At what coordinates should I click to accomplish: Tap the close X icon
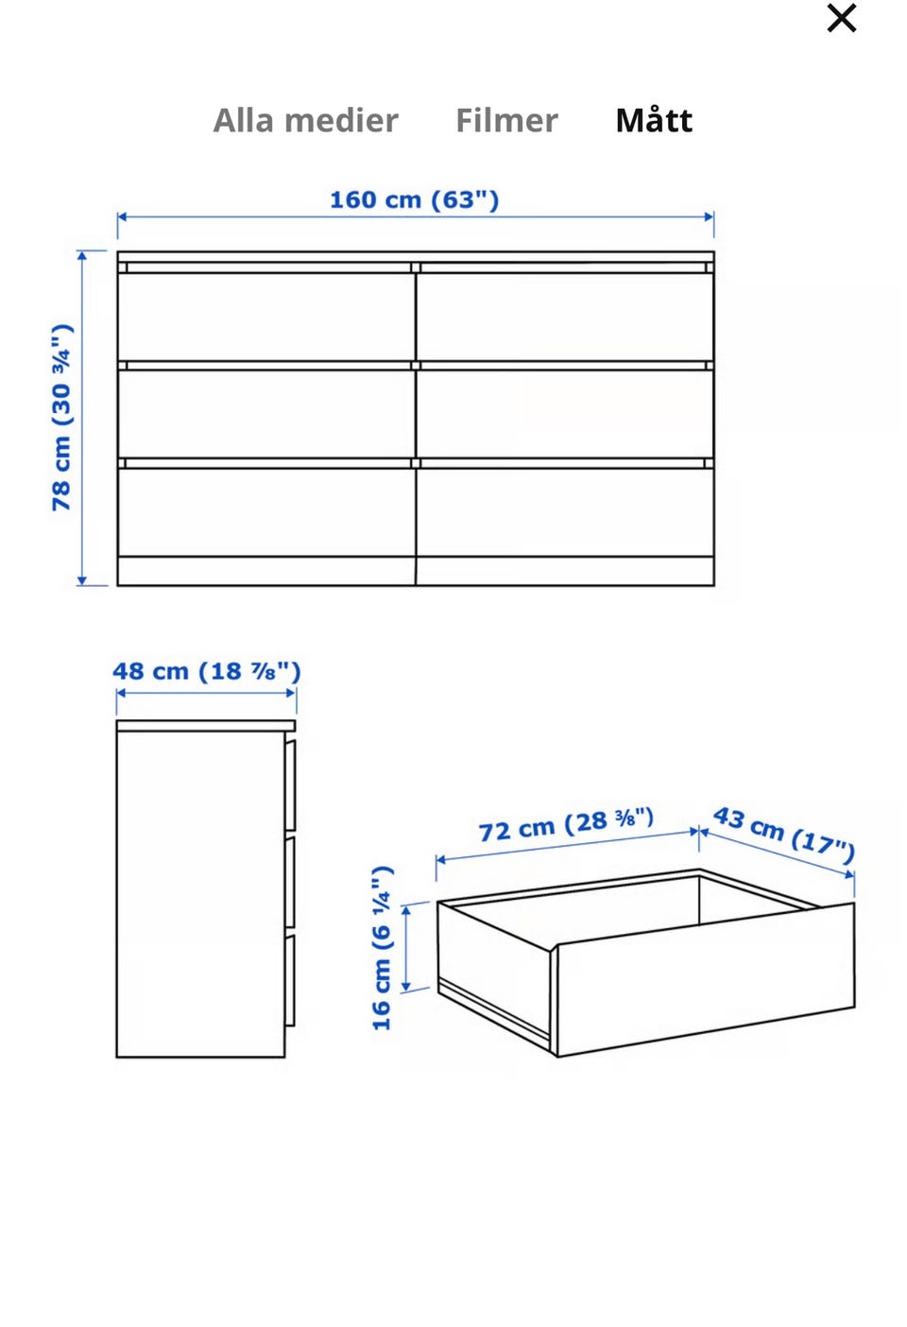(x=841, y=18)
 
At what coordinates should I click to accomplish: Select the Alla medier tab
(x=305, y=120)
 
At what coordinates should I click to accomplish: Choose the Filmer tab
(x=506, y=120)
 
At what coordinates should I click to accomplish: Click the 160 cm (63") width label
(x=415, y=199)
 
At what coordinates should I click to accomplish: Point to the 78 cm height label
(x=61, y=418)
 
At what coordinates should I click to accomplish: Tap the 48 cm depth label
(x=207, y=671)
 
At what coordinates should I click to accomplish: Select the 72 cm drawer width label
(x=566, y=824)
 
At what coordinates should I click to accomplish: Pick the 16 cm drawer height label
(x=382, y=948)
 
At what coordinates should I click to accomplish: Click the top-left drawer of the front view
(x=265, y=316)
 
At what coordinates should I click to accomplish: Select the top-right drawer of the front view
(x=565, y=316)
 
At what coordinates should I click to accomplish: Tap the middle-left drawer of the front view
(x=265, y=413)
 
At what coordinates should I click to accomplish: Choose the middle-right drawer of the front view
(x=565, y=413)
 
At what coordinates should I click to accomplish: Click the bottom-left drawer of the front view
(x=265, y=512)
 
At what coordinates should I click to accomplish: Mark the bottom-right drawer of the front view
(x=565, y=512)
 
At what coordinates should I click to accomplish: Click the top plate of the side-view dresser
(x=205, y=725)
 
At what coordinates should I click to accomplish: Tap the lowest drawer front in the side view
(x=290, y=980)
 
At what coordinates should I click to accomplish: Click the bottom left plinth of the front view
(x=265, y=571)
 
